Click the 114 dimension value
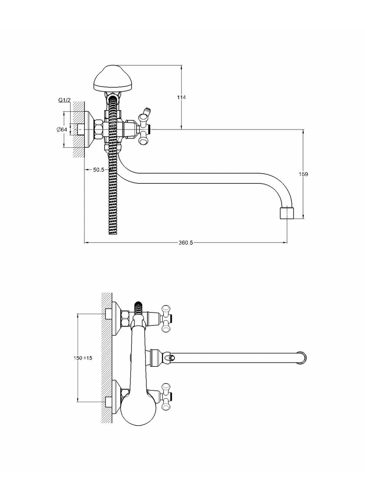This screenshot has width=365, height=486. click(x=181, y=97)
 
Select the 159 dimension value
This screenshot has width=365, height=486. click(x=303, y=174)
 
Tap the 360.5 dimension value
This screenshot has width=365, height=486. click(x=186, y=243)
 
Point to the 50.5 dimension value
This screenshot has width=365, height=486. click(x=98, y=170)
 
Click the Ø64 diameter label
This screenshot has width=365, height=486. click(x=62, y=130)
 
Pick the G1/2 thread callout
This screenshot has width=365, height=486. click(x=64, y=100)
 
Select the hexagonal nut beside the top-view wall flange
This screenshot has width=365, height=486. click(x=98, y=130)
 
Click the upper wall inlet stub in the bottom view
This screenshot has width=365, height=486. click(x=108, y=314)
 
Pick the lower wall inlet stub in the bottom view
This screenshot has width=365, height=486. click(x=108, y=402)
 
